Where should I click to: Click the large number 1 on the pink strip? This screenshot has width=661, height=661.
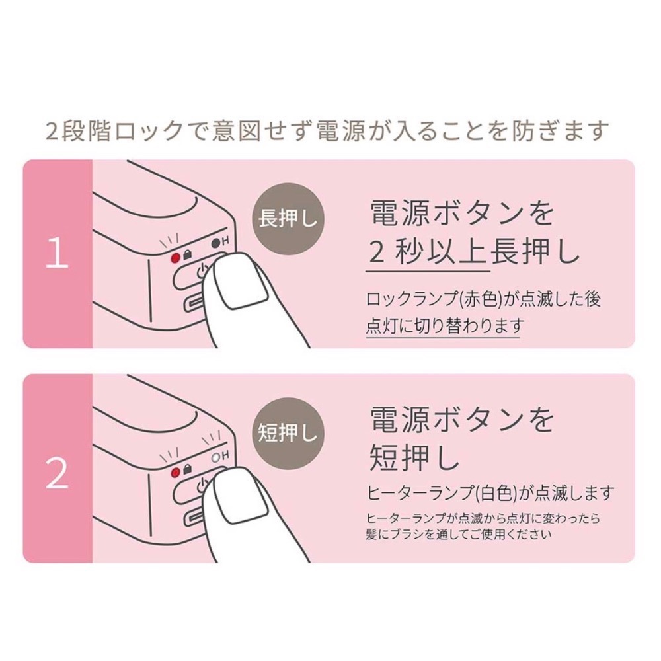click(58, 253)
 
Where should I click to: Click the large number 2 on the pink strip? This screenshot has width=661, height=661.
click(58, 474)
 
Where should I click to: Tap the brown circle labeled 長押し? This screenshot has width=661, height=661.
click(288, 219)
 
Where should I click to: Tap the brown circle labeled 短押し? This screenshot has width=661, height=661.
click(288, 434)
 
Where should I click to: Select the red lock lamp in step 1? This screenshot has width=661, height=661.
click(175, 258)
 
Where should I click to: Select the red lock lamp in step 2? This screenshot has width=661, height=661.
click(175, 472)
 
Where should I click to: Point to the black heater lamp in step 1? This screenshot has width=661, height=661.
click(215, 243)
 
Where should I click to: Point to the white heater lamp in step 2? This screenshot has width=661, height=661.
click(215, 457)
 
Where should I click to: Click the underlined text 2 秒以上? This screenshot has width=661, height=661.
click(428, 253)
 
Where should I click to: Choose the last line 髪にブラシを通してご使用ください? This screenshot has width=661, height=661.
click(459, 535)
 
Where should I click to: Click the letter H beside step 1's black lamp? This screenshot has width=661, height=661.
click(225, 241)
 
